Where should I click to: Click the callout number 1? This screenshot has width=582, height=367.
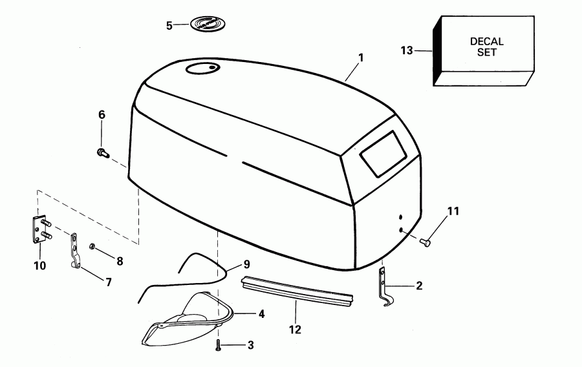click(361, 58)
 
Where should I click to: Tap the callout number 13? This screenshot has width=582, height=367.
click(406, 50)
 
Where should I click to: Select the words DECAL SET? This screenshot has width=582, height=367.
click(486, 47)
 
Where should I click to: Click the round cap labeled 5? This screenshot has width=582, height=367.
click(207, 25)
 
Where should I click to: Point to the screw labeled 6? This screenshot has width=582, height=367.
click(101, 152)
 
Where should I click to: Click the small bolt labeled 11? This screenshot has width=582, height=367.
click(425, 242)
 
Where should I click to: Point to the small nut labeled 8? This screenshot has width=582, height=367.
click(93, 246)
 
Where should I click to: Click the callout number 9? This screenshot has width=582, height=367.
click(246, 264)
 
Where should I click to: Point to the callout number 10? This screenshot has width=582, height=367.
click(40, 266)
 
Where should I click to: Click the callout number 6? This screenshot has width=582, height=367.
click(102, 115)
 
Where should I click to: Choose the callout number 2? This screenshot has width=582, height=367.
click(419, 285)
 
